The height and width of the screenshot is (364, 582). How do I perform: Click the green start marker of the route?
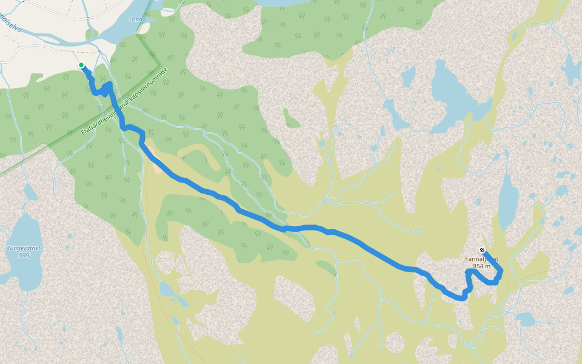pos(81,65)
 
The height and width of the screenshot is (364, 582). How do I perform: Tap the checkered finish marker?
pos(481,250)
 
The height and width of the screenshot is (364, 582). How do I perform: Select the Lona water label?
pos(136,19)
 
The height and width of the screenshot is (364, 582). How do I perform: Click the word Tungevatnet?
pos(23,248)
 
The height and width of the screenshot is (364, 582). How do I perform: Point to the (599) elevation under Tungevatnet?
pos(24,255)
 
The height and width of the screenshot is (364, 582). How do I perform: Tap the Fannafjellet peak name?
pos(481,259)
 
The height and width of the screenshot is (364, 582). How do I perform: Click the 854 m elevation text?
pos(481,266)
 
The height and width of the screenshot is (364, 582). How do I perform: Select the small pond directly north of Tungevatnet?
pos(28,193)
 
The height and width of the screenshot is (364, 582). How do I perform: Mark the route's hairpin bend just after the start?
pos(108,87)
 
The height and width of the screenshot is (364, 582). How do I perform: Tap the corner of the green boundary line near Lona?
pos(159,63)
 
